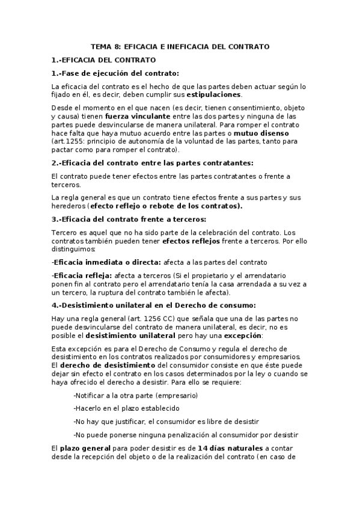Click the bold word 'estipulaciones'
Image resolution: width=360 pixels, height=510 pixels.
[x=214, y=95]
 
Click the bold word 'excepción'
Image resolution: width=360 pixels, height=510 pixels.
[x=243, y=335]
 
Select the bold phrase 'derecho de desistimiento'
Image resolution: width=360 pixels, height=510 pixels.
[x=108, y=365]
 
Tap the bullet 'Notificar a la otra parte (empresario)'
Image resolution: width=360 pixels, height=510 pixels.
[x=135, y=395]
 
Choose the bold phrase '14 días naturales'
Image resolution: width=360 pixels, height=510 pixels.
[x=230, y=448]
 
